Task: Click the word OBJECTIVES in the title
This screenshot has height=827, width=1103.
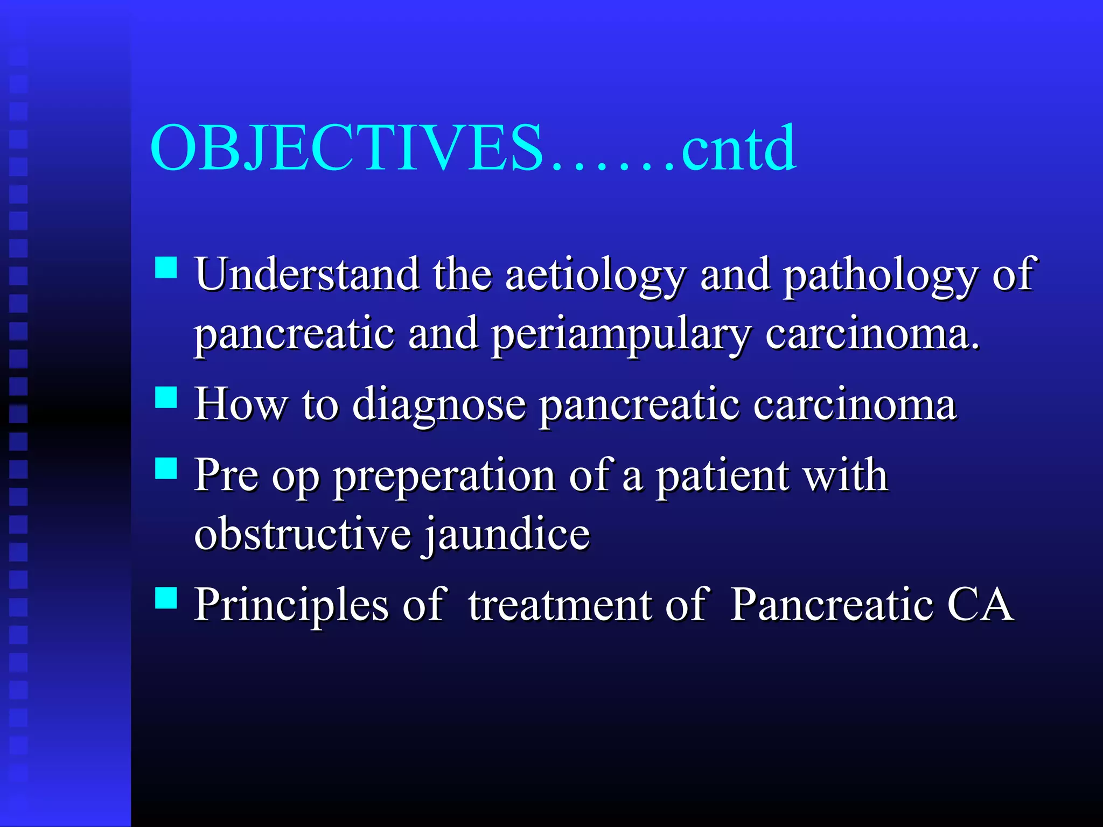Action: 347,148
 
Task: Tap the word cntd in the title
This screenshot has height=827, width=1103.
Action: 738,148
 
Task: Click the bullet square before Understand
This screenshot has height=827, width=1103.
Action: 166,267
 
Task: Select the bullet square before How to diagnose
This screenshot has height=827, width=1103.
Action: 166,397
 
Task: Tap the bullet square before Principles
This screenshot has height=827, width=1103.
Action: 166,598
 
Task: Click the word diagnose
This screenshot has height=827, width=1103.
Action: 439,405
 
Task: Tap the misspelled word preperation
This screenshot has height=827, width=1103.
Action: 444,476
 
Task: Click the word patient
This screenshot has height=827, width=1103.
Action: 722,475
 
